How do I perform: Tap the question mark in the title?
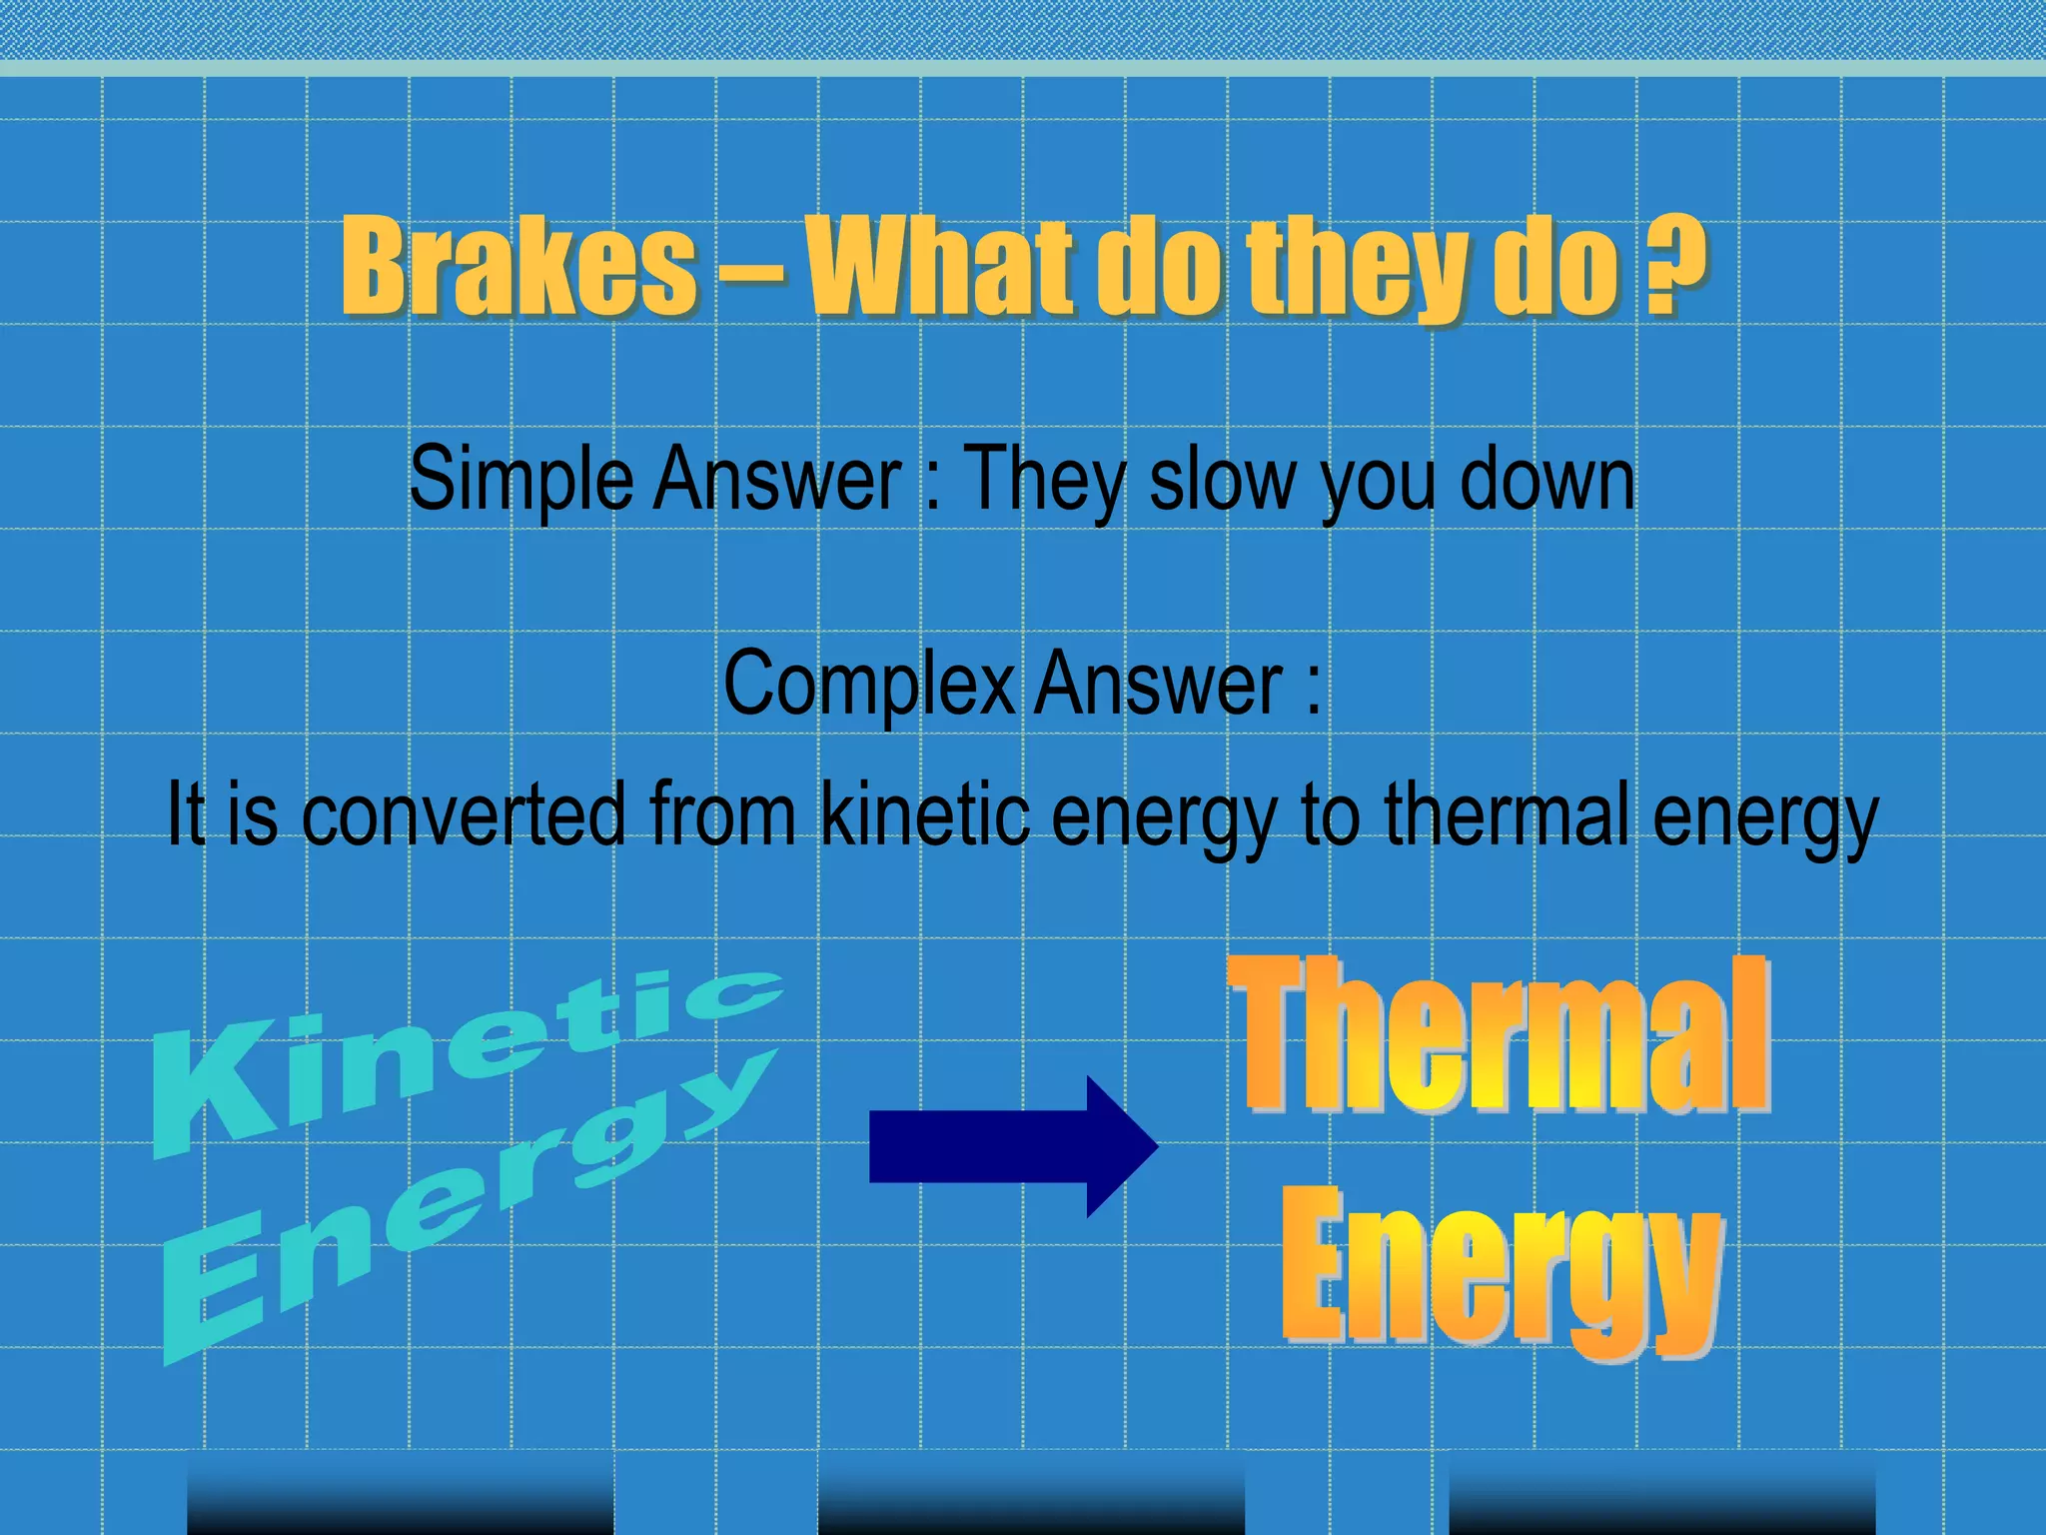(x=1675, y=265)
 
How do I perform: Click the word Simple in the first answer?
(x=520, y=482)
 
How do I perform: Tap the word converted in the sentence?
(x=463, y=814)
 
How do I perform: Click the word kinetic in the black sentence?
(x=925, y=814)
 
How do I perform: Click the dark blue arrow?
(x=1012, y=1146)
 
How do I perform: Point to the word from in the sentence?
(x=721, y=814)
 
